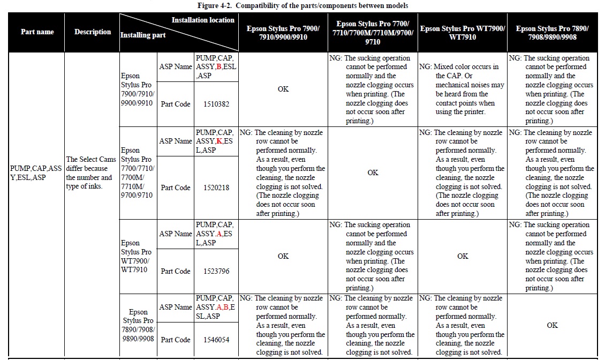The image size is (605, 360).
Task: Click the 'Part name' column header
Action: coord(37,32)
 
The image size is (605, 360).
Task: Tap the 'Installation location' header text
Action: coord(203,20)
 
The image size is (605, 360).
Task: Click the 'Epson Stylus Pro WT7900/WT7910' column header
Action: coord(463,32)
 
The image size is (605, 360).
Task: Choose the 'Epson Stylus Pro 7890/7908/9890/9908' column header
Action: coord(552,32)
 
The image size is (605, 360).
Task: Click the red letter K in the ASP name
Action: coord(220,141)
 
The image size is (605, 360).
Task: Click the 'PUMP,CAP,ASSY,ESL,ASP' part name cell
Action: coord(36,172)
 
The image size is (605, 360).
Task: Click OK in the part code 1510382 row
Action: coord(283,89)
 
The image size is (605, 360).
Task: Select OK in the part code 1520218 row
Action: coord(373,172)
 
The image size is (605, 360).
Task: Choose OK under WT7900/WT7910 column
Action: coord(463,256)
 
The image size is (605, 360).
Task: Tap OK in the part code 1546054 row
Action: coord(552,325)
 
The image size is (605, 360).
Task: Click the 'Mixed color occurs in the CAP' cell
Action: coord(463,89)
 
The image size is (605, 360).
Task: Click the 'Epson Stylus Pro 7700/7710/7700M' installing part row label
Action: coord(137,172)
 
